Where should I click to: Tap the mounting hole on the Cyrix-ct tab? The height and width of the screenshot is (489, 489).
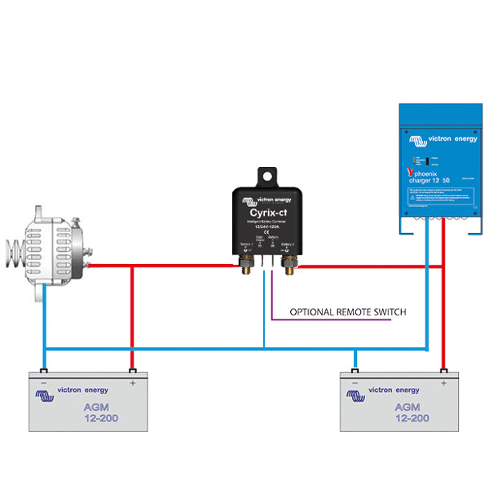(x=267, y=176)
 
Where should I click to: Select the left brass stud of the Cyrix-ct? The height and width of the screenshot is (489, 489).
(x=244, y=264)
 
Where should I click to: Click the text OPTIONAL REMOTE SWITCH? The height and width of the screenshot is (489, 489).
(x=347, y=312)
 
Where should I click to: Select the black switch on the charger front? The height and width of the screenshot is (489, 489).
(x=425, y=161)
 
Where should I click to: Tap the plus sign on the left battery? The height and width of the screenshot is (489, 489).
(x=131, y=381)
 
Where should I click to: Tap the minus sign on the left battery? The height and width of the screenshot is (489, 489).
(x=43, y=381)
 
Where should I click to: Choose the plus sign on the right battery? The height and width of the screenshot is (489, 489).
(x=443, y=381)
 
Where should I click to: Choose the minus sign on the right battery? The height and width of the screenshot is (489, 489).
(x=355, y=381)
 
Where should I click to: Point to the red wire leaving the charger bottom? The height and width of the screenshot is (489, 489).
(x=444, y=244)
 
